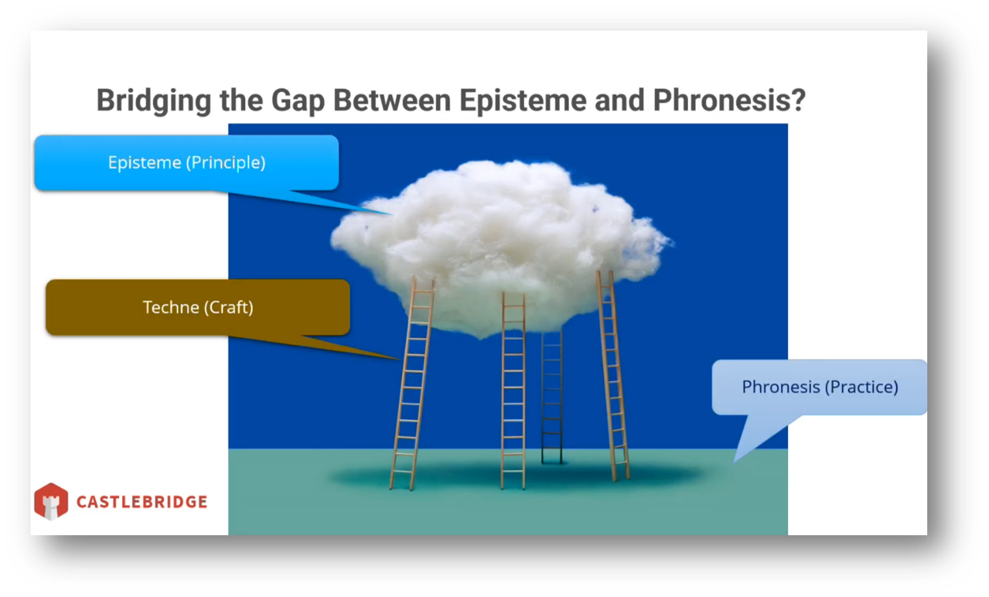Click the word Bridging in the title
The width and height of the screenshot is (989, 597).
(153, 101)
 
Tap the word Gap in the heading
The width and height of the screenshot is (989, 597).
(298, 101)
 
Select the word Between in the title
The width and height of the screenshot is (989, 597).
(392, 100)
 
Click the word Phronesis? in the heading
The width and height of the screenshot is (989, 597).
(730, 100)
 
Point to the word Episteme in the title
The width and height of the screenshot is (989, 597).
(523, 101)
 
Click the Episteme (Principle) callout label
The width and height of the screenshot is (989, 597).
(187, 163)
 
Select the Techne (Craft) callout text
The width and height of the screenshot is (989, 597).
(198, 308)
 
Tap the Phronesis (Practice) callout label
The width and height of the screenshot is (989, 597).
(820, 387)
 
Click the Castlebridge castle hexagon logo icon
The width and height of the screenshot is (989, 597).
(51, 501)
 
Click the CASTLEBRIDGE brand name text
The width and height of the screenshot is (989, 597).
(142, 501)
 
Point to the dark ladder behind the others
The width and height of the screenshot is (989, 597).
(552, 397)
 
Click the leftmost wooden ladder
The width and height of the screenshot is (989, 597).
(412, 383)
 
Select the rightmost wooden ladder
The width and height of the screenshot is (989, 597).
(613, 375)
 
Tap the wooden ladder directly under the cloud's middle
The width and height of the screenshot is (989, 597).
(513, 391)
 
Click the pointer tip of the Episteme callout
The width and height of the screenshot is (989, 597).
(392, 215)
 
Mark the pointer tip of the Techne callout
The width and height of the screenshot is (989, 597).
(400, 359)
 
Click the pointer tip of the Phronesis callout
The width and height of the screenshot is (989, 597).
(733, 462)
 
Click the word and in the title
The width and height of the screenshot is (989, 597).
(620, 100)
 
